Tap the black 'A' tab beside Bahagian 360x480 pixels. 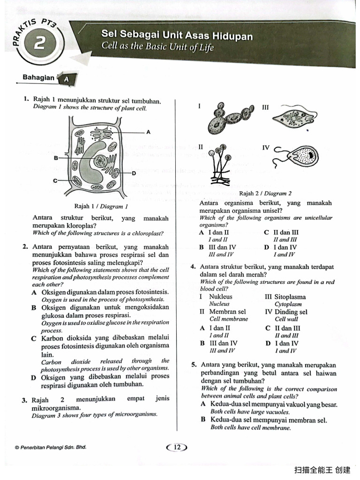click(x=66, y=79)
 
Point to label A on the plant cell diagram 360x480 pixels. click(x=149, y=132)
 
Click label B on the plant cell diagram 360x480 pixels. click(x=56, y=158)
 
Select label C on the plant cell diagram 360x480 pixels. click(x=55, y=180)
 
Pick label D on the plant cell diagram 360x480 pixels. click(x=134, y=173)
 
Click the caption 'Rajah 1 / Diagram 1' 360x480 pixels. click(x=101, y=206)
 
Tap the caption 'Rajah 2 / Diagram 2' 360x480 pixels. click(x=265, y=193)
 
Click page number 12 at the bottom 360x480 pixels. click(x=177, y=448)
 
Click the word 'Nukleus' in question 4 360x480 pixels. click(x=220, y=297)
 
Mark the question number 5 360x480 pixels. click(x=194, y=365)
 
